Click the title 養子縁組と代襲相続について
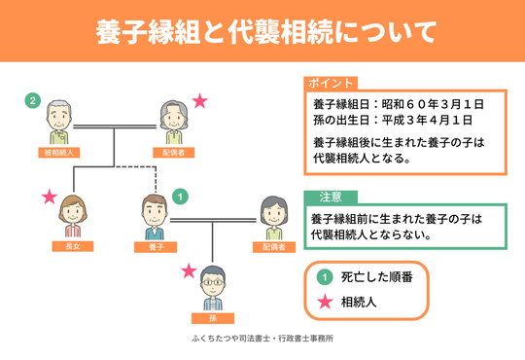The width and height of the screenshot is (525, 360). [262, 32]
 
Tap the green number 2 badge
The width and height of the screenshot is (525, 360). [32, 99]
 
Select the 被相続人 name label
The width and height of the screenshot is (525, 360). [60, 153]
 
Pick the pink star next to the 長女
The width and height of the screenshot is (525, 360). [49, 197]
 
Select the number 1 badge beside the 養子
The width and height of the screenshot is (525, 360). [178, 197]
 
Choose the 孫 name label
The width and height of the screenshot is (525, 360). [211, 317]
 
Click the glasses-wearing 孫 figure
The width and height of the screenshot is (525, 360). [211, 285]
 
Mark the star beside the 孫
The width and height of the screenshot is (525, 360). [189, 270]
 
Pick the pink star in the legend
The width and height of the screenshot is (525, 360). [321, 302]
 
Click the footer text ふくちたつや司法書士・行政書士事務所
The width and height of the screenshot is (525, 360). [262, 342]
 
